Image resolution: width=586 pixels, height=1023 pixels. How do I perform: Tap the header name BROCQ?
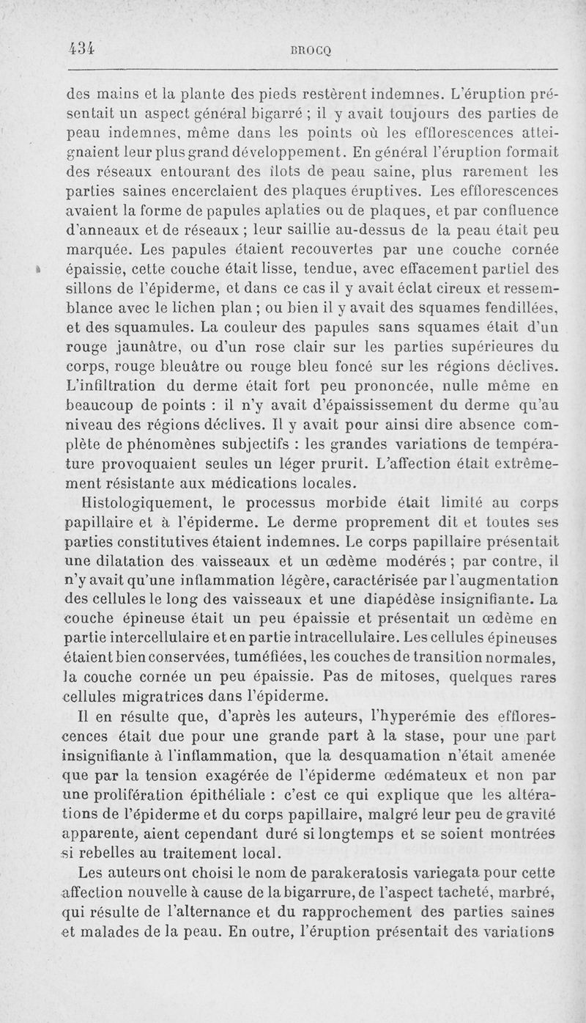(x=311, y=50)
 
